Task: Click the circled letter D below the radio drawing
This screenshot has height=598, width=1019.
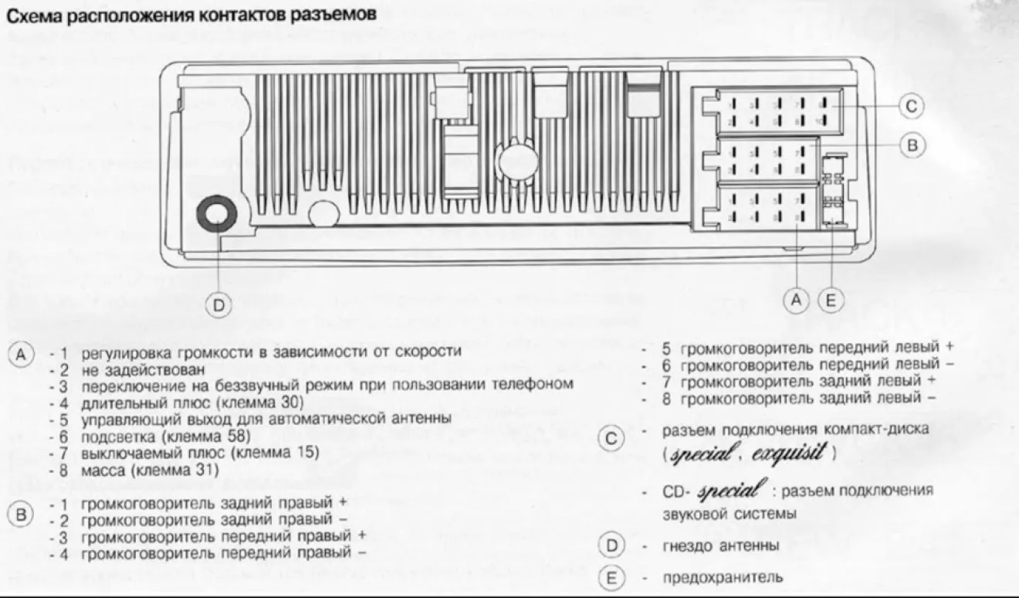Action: pos(220,306)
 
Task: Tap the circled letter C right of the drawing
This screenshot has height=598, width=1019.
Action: pos(912,107)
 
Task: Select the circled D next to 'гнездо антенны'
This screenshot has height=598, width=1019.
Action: pos(611,545)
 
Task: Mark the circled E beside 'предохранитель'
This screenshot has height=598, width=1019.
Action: pos(611,576)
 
